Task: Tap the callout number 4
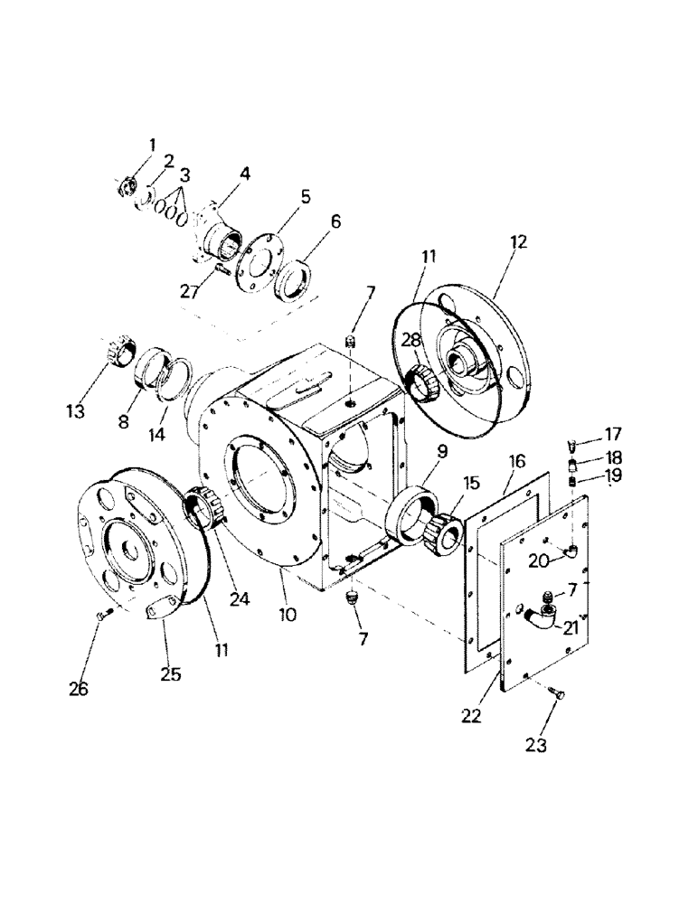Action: click(x=220, y=173)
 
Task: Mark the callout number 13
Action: click(x=75, y=411)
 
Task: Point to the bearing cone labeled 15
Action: click(x=442, y=528)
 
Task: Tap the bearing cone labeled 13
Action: click(x=118, y=351)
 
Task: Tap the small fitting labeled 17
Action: click(x=572, y=445)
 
